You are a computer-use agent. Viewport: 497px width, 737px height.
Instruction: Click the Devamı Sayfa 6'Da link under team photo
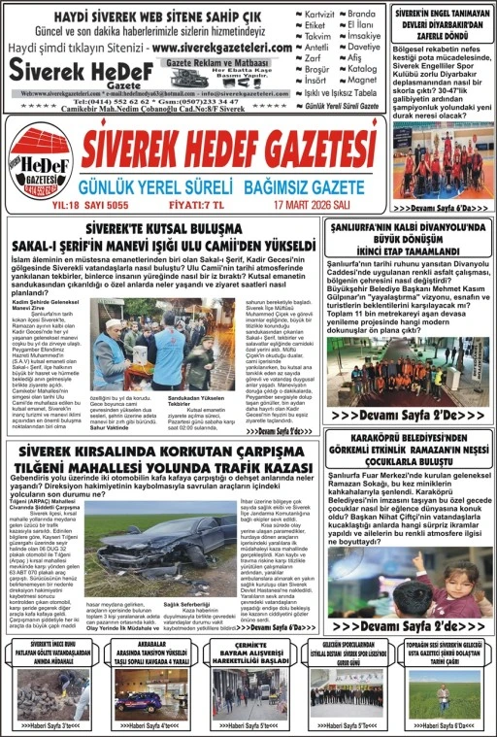(442, 208)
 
